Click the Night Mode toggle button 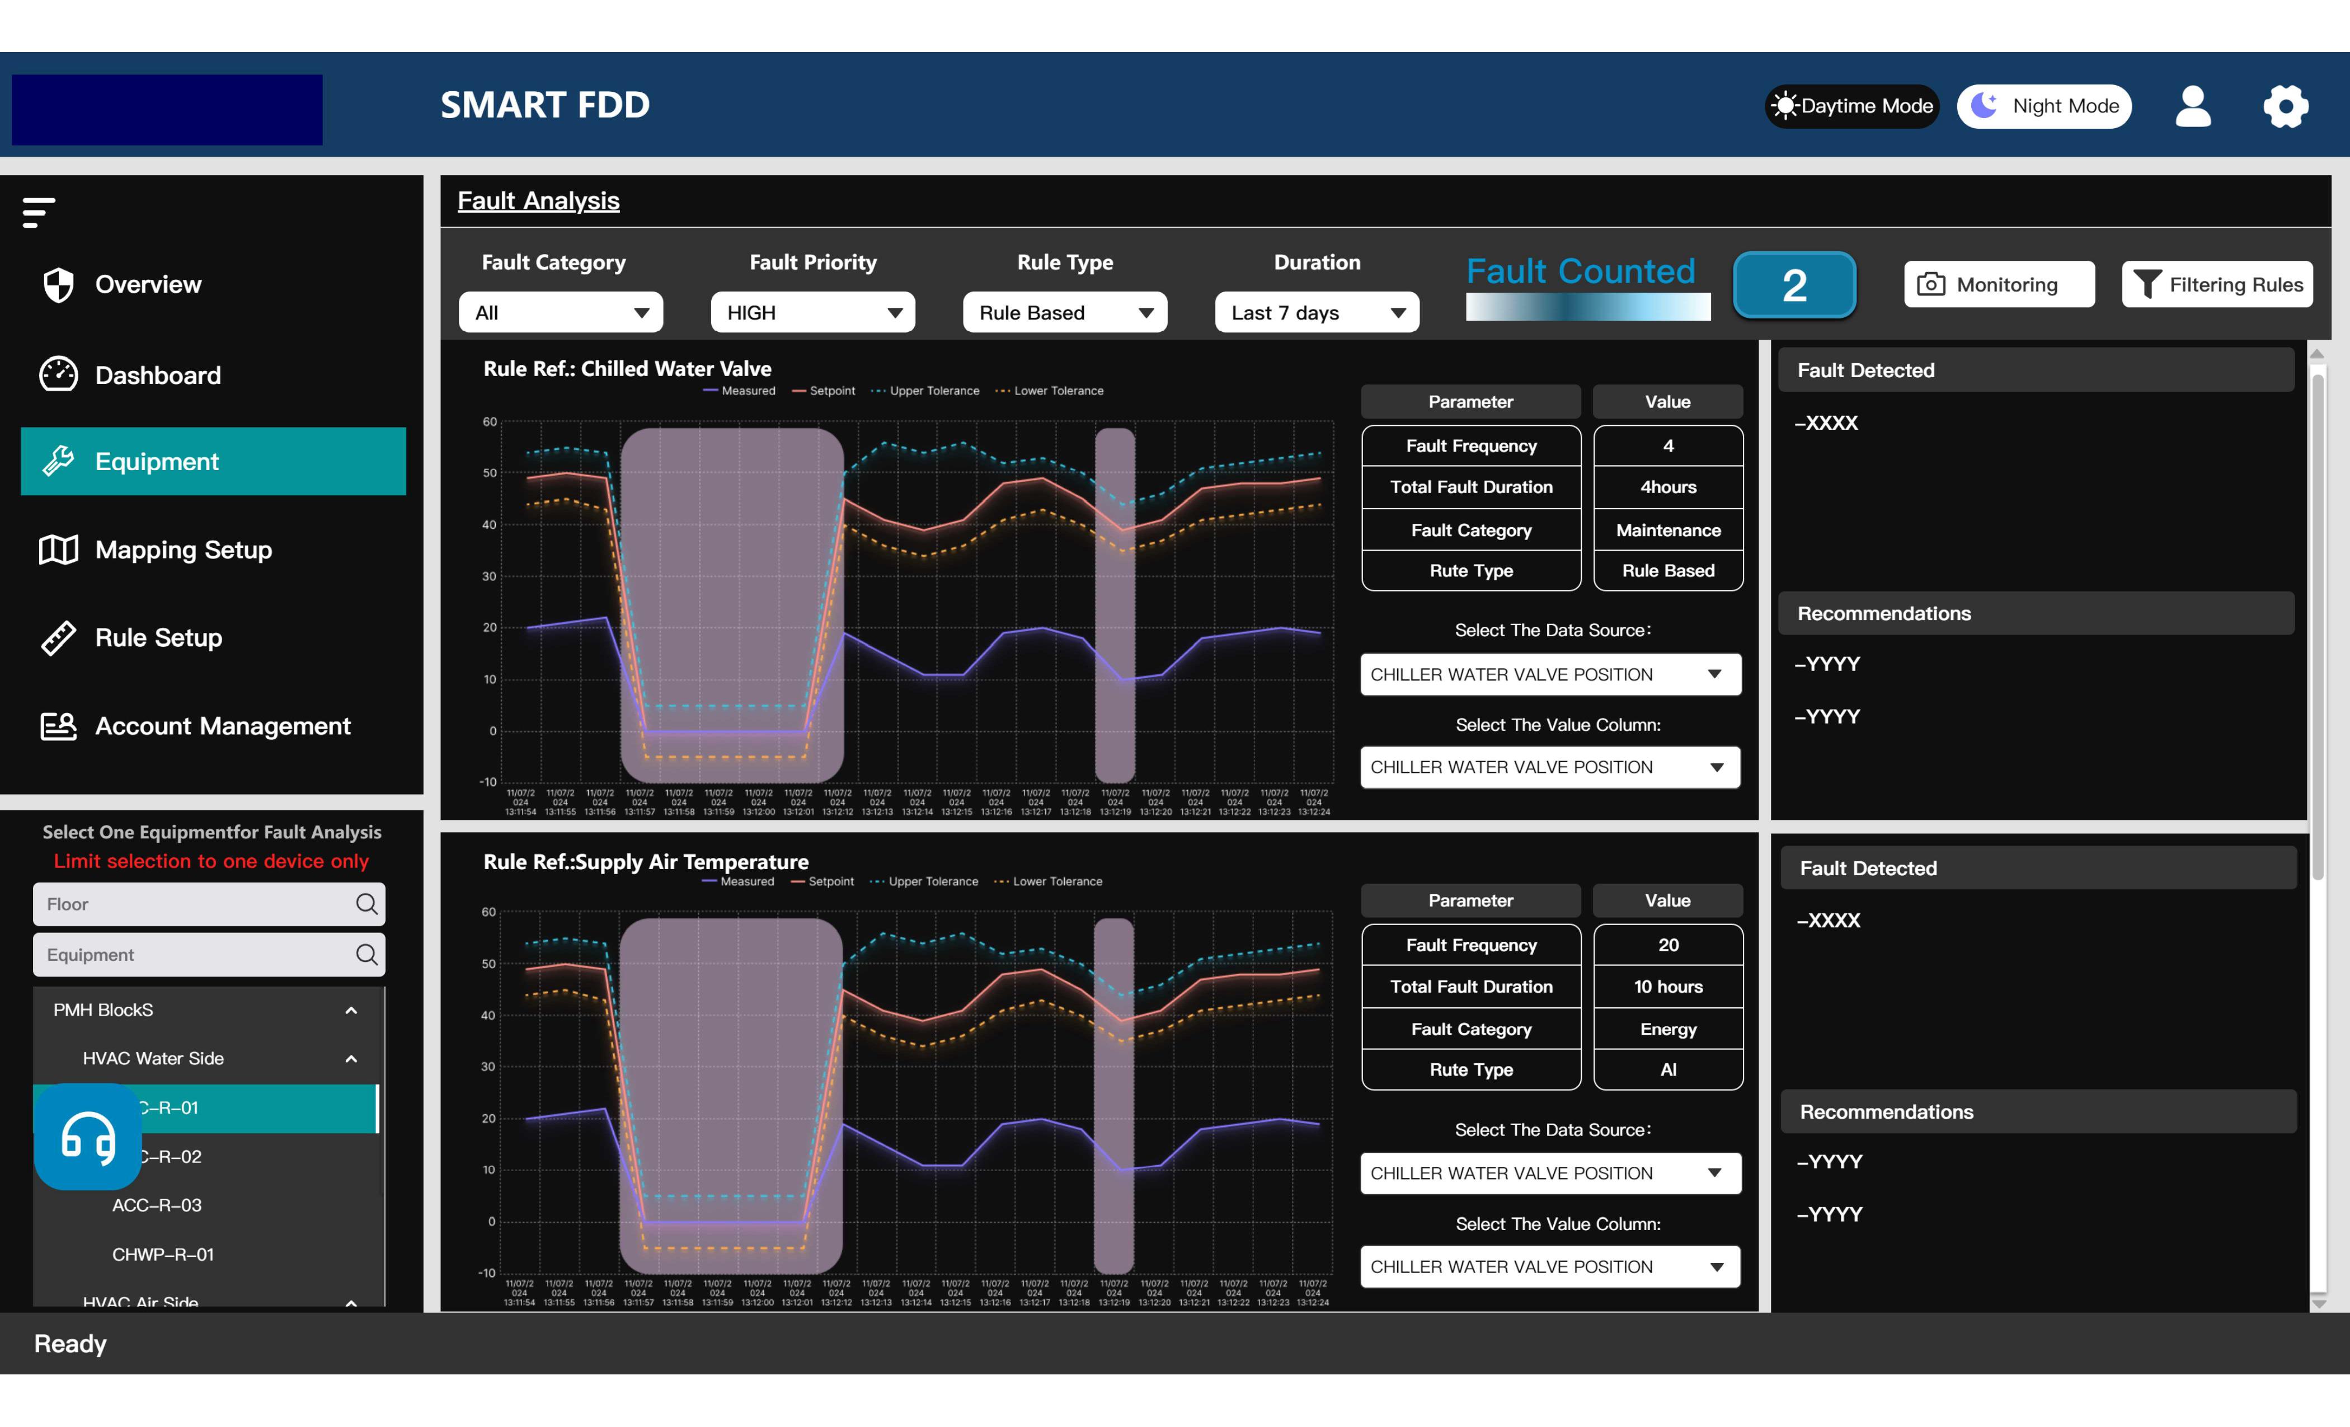coord(2044,106)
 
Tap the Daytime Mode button coord(1851,106)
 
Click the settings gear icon coord(2285,106)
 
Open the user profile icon coord(2193,106)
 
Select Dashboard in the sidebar coord(157,375)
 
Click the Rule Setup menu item coord(158,637)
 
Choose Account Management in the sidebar coord(222,726)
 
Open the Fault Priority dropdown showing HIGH coord(812,313)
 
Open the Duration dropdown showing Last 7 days coord(1316,313)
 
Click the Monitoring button coord(1999,284)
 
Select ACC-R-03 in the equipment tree coord(157,1205)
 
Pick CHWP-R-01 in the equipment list coord(163,1254)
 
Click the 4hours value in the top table coord(1668,486)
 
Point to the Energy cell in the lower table coord(1668,1029)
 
